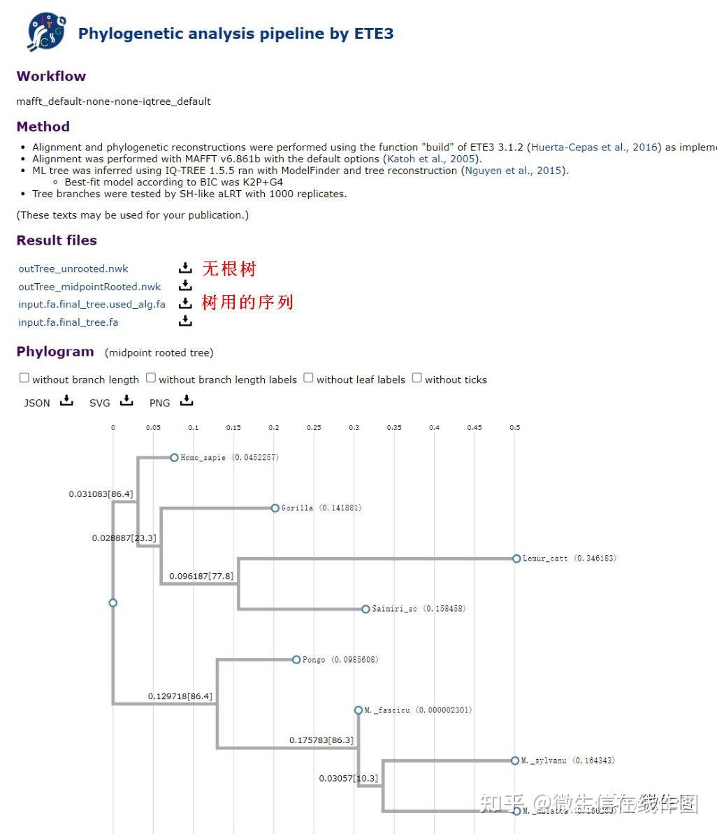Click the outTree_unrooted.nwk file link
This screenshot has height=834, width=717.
[73, 268]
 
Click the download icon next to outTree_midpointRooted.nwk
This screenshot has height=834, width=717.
[184, 285]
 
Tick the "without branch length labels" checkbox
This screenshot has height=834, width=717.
[151, 378]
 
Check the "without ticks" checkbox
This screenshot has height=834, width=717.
[417, 378]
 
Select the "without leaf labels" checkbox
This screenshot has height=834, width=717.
[308, 378]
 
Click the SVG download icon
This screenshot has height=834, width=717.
[126, 401]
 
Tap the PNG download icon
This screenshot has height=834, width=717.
[187, 401]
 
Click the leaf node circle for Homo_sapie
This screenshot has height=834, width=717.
[174, 458]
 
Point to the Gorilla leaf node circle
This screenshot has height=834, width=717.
[275, 508]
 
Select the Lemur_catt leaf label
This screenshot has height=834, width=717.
[545, 559]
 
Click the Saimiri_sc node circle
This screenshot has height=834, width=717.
[365, 609]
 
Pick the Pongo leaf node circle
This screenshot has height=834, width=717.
[296, 659]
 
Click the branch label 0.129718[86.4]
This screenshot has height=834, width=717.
[180, 696]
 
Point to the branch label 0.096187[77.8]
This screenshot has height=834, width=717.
[201, 576]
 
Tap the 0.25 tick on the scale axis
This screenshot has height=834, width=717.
[314, 427]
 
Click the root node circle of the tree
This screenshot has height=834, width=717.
[113, 603]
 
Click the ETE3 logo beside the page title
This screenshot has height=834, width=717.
[47, 31]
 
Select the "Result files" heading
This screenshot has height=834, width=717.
[57, 240]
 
